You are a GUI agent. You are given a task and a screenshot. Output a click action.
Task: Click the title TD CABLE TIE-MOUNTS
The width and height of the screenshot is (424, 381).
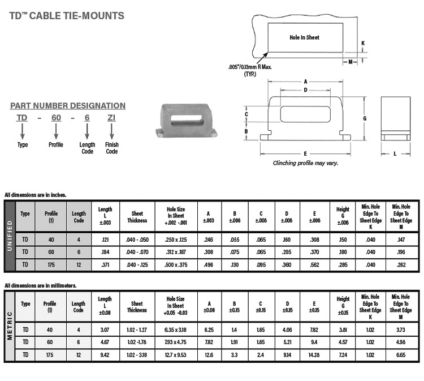67,16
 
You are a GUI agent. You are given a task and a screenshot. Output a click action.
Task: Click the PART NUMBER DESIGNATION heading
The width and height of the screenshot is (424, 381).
68,106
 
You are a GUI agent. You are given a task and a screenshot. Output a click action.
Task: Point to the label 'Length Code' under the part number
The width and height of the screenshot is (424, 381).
87,148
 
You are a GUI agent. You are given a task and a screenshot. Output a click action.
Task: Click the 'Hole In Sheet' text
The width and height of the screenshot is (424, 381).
304,37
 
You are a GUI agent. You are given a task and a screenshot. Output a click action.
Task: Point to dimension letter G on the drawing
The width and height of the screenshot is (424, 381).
366,118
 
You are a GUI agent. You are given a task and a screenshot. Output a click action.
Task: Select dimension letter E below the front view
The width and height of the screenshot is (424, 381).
305,153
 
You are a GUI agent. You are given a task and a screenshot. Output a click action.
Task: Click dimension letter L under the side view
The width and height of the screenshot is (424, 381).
395,153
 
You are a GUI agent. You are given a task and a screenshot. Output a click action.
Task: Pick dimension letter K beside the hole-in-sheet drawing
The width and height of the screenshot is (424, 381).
363,43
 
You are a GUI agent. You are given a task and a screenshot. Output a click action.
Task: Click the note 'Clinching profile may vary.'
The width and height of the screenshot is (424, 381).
305,163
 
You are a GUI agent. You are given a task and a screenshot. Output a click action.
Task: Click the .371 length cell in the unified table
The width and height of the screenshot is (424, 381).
105,264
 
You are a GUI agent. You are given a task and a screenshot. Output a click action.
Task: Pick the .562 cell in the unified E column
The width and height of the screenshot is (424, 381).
315,264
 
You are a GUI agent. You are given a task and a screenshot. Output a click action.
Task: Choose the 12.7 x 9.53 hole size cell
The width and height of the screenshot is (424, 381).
180,354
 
